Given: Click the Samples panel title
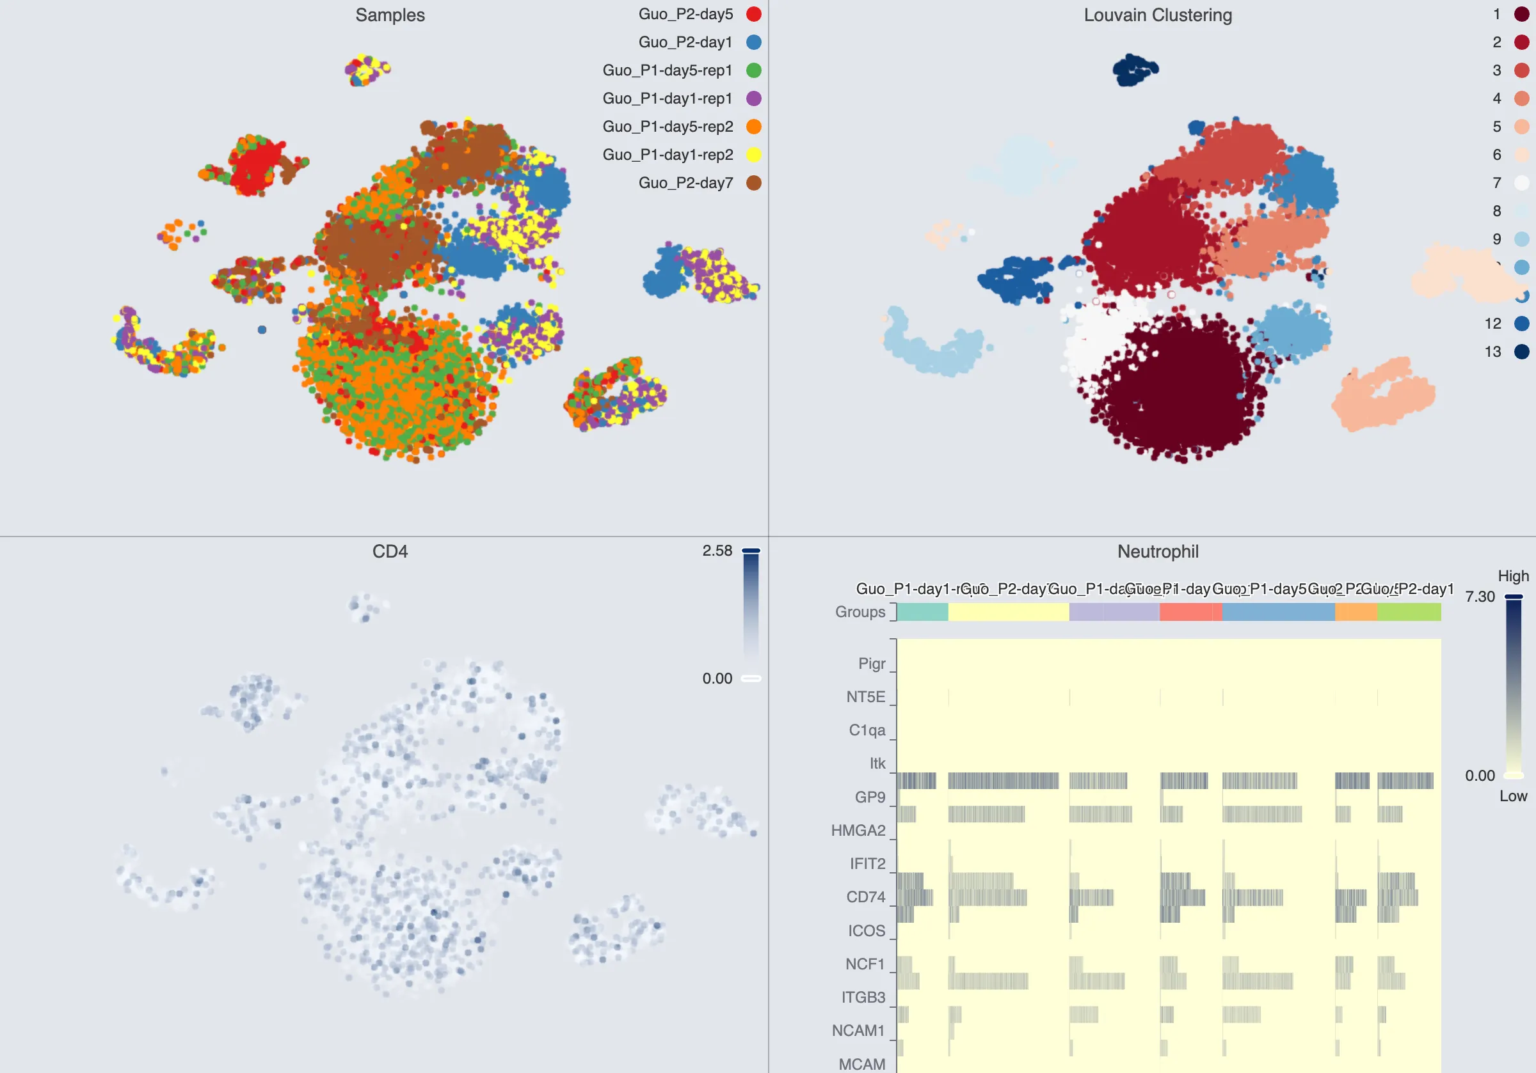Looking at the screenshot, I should [x=390, y=15].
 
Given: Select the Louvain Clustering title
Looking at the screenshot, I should [x=1157, y=15].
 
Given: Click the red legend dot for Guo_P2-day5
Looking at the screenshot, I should [x=753, y=14].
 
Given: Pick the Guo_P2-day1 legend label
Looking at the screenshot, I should [x=685, y=42].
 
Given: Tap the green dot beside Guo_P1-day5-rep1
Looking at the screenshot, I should [x=753, y=70].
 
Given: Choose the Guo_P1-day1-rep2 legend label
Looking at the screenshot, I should [x=668, y=155].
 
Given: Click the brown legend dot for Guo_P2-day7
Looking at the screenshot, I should [x=753, y=182].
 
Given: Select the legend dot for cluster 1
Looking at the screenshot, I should [x=1521, y=14].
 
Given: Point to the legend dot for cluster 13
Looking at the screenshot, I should [x=1521, y=352].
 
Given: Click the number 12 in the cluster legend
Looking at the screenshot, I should [x=1492, y=324].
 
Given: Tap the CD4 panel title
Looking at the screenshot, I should [x=390, y=552].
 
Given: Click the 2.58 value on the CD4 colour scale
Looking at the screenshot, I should [x=717, y=551].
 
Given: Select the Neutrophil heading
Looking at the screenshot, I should [x=1157, y=552].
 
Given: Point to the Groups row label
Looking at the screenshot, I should [x=860, y=612].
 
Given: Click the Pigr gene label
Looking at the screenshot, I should [x=872, y=663].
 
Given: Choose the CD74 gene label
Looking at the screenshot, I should [x=866, y=897].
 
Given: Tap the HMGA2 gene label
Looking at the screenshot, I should [x=858, y=830].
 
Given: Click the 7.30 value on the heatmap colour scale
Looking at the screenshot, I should [x=1480, y=597].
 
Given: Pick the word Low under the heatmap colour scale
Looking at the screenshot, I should [x=1513, y=795].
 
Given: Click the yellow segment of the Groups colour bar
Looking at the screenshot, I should [x=1008, y=612].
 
